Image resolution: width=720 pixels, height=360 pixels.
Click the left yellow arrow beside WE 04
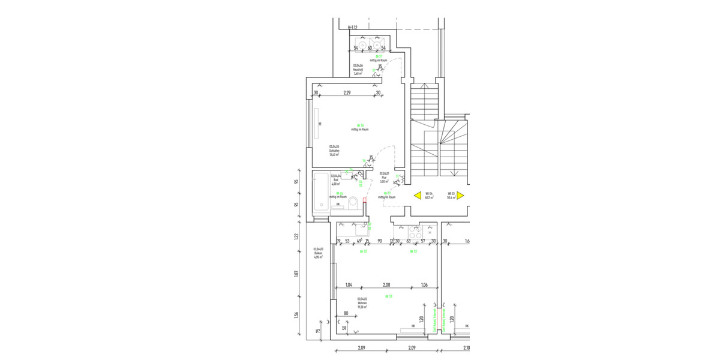pos(416,196)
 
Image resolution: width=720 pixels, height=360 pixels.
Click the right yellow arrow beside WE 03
pos(460,196)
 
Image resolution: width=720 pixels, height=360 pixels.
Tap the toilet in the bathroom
pos(354,202)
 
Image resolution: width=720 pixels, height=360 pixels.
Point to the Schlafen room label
pos(334,150)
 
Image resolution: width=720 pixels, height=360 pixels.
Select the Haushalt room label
pos(358,70)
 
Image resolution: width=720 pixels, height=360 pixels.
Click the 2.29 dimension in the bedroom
pos(347,93)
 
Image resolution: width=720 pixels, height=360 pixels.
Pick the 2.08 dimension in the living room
pos(386,285)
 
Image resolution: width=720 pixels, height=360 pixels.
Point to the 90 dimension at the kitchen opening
pos(379,241)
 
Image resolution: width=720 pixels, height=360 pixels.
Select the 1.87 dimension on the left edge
pos(296,274)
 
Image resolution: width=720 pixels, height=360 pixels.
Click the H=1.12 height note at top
pos(353,28)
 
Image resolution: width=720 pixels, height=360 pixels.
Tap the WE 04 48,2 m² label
pos(429,196)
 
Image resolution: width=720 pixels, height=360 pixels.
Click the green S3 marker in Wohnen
pos(391,296)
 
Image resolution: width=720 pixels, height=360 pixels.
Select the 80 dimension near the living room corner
pos(346,313)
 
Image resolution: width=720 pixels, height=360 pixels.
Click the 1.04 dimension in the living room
pos(349,285)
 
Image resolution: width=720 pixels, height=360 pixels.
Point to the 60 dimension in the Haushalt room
pos(370,48)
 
